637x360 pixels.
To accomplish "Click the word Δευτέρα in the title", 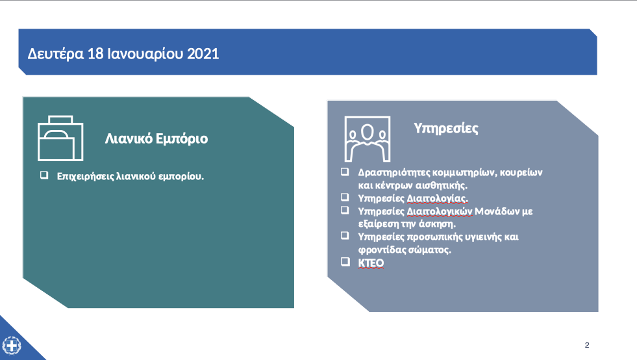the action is [56, 54].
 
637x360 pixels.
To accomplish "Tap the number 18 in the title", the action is [96, 54].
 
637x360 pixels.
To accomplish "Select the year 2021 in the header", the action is [203, 54].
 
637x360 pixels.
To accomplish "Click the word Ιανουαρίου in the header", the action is [145, 54].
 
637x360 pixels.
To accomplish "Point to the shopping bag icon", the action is [60, 138].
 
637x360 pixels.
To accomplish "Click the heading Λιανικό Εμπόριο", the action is [156, 138].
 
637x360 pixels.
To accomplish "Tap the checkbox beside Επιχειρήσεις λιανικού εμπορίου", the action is [44, 175].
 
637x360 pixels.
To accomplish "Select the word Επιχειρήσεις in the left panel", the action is [85, 177].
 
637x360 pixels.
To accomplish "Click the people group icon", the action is [368, 139].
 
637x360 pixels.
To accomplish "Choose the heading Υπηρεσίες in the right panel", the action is [446, 128].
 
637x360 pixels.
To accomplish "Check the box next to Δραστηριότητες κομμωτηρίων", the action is [345, 172].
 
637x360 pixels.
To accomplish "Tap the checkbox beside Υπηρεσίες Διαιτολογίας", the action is [345, 198].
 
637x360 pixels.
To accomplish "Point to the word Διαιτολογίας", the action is [438, 198].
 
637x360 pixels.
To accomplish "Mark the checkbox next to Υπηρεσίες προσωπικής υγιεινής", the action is [345, 235].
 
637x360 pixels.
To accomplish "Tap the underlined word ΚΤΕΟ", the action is [371, 263].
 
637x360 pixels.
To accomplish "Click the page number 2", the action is [587, 345].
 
